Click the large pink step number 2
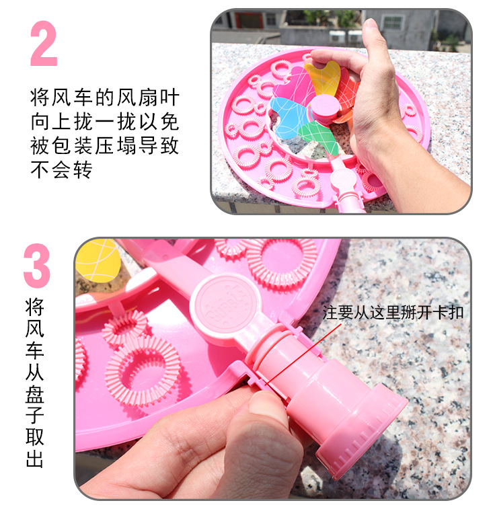pyautogui.click(x=44, y=44)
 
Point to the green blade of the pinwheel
pyautogui.click(x=311, y=134)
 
